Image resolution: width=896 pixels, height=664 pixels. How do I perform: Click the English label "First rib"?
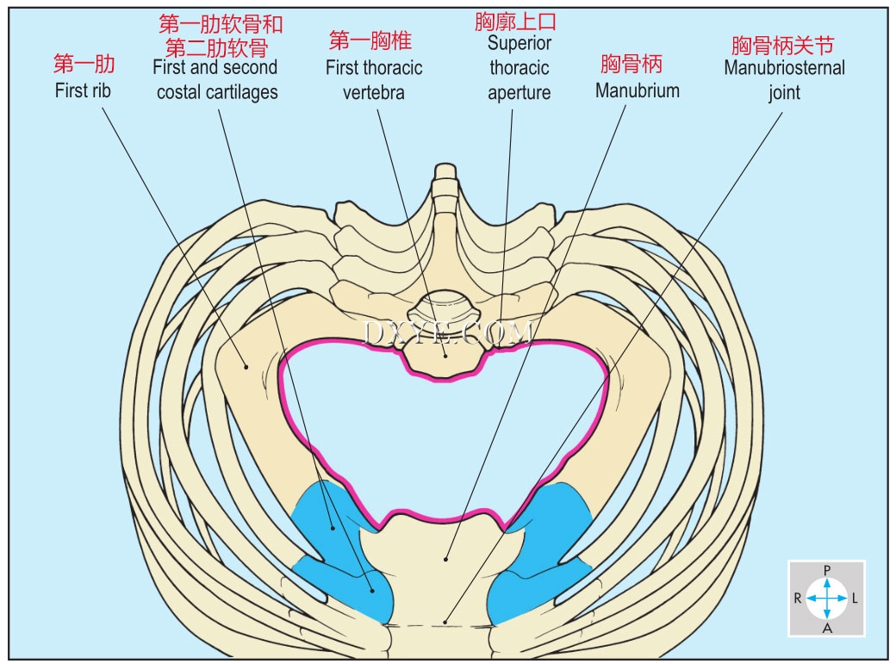coord(84,90)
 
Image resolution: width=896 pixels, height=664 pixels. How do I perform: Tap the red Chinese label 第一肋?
coord(84,65)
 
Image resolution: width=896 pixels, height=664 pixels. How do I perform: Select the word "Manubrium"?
coord(637,90)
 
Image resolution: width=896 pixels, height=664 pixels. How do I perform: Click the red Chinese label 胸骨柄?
coord(632,65)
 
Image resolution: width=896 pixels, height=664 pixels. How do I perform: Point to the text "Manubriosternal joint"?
coord(784,79)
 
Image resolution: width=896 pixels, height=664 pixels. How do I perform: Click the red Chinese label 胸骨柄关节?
coord(783,45)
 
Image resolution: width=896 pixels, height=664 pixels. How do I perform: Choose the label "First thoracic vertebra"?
coord(374,79)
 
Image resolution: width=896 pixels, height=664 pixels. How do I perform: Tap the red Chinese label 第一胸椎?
coord(370,40)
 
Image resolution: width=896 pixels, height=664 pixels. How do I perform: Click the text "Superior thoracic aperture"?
coord(519,67)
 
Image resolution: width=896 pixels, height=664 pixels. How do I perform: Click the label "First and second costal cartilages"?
coord(216,79)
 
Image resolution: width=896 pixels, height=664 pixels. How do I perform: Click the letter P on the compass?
coord(827,570)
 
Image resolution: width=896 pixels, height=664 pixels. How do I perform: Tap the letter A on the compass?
coord(827,628)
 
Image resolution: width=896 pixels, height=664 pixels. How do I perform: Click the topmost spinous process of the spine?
coord(445,172)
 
